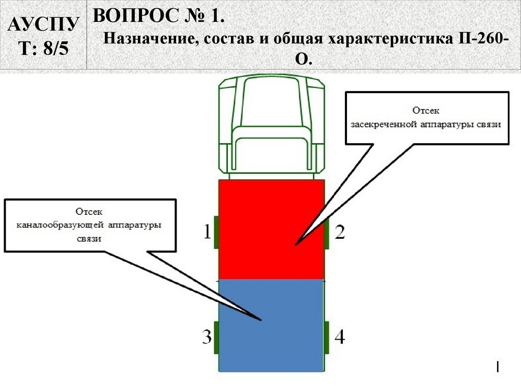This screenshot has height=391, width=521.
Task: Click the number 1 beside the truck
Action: point(207,232)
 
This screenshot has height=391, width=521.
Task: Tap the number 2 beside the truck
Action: point(340,232)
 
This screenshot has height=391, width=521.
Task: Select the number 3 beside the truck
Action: point(207,337)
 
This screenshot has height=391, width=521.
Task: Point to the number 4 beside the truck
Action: point(340,337)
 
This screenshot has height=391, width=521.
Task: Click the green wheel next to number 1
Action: point(216,232)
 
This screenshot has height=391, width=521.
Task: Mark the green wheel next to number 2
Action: point(326,234)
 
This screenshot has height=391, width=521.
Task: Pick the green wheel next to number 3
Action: point(216,337)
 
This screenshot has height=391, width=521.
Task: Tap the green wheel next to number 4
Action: point(326,337)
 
